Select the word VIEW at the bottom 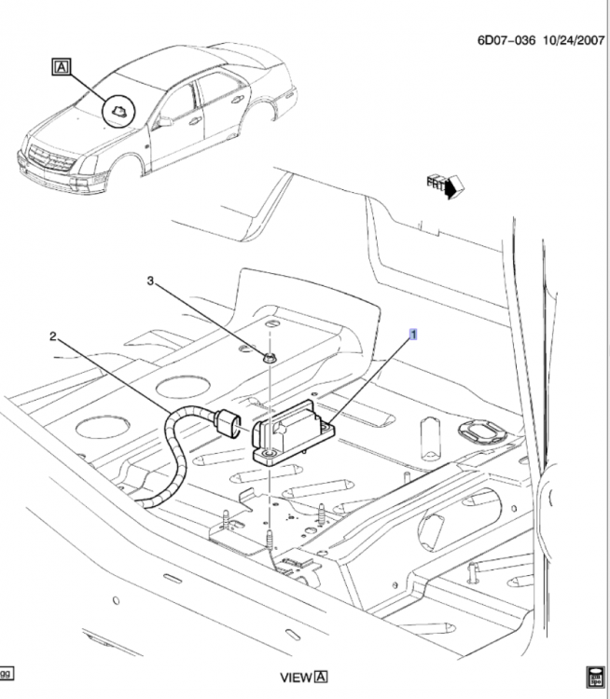[x=297, y=678]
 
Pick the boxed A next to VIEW [x=322, y=678]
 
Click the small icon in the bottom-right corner [x=595, y=676]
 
